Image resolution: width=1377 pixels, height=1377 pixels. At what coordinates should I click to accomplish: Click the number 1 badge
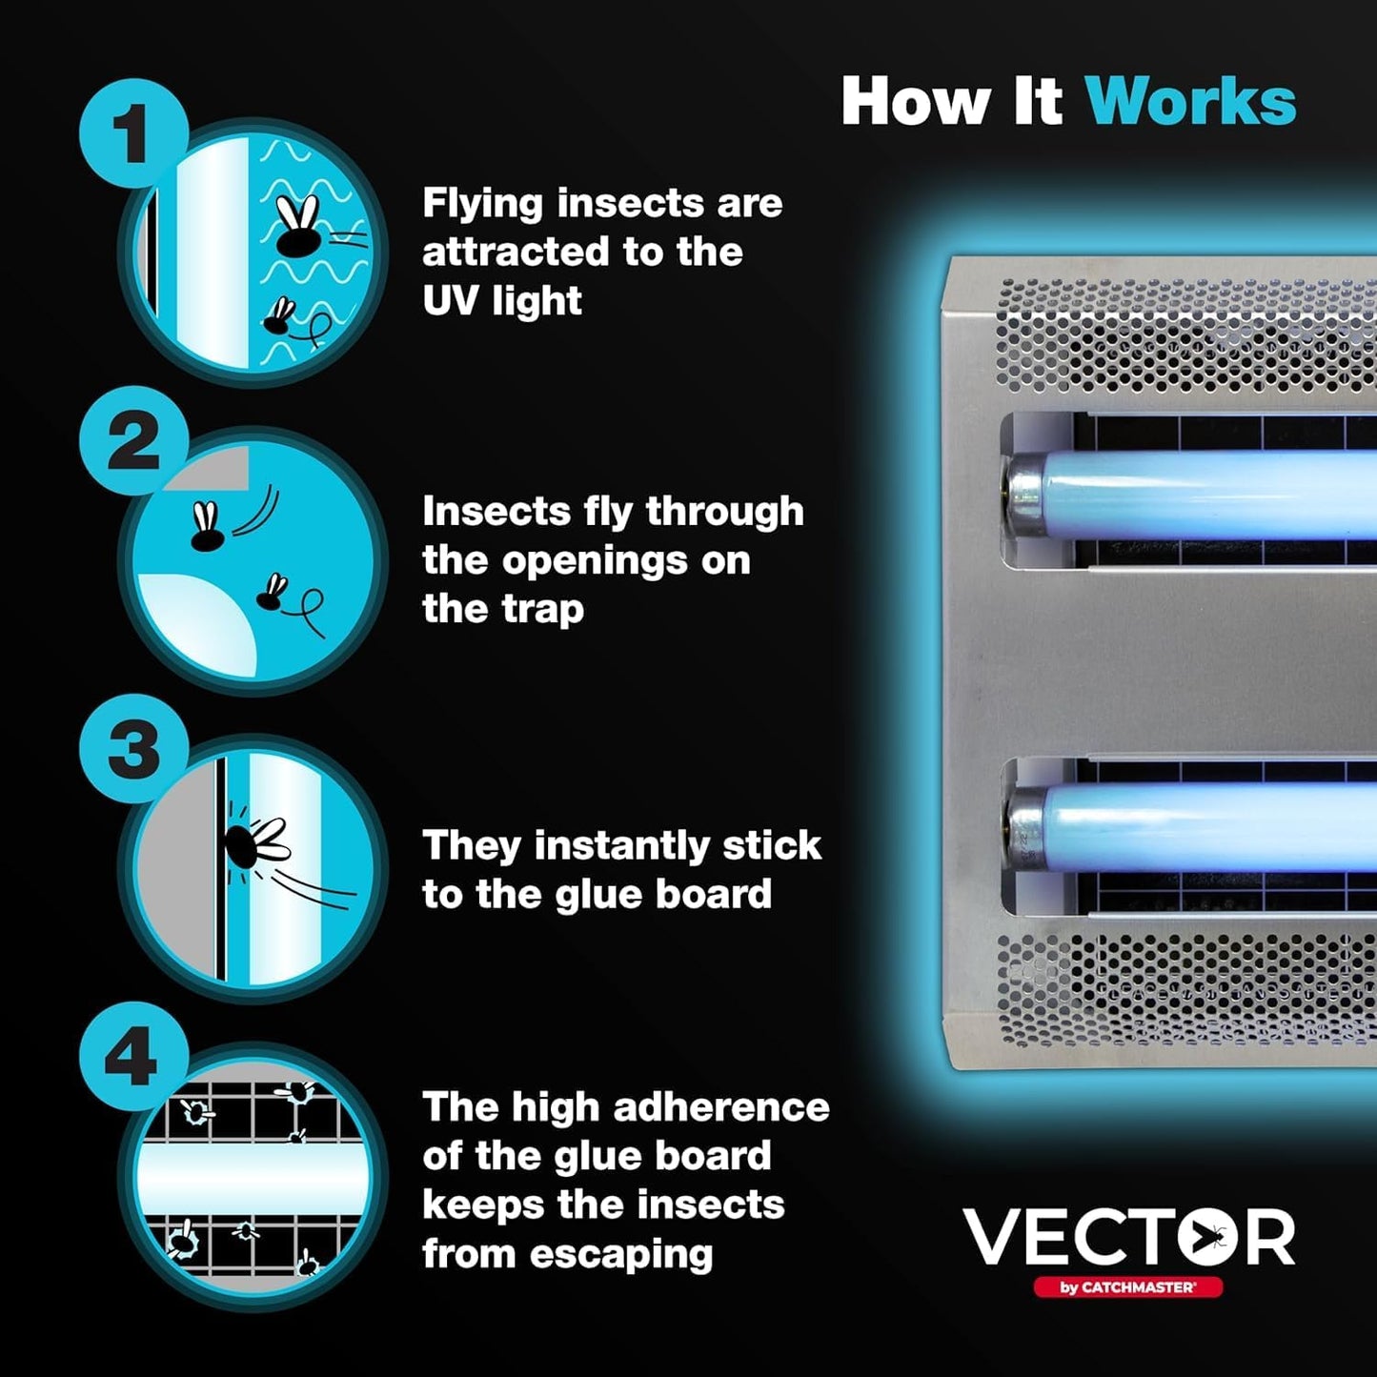click(x=133, y=133)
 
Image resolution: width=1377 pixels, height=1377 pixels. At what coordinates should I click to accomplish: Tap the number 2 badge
click(x=133, y=440)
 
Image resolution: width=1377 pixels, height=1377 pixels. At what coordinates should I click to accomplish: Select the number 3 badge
click(x=133, y=749)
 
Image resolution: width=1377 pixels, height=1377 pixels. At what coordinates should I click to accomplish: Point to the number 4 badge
click(x=133, y=1056)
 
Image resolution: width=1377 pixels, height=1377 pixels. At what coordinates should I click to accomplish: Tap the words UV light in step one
click(x=501, y=301)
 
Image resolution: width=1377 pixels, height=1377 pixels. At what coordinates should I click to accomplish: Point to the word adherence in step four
click(x=721, y=1107)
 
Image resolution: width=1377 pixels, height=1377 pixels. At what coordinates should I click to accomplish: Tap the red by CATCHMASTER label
click(x=1127, y=1287)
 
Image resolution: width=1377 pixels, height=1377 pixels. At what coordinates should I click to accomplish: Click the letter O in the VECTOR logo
click(x=1207, y=1237)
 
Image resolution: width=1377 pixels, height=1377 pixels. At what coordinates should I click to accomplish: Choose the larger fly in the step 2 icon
click(x=207, y=531)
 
